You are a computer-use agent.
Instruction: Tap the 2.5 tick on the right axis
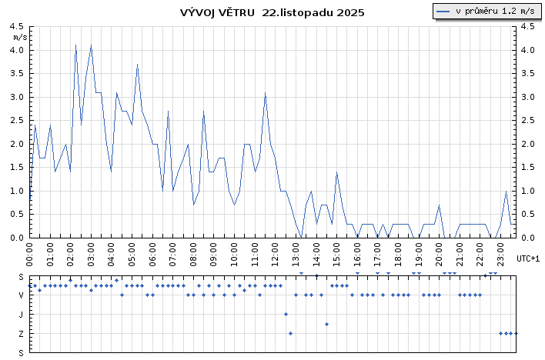pyautogui.click(x=527, y=97)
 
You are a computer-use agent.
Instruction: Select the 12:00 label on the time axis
pyautogui.click(x=275, y=252)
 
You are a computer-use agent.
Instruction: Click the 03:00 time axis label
pyautogui.click(x=91, y=252)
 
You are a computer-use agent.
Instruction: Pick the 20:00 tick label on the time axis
pyautogui.click(x=439, y=252)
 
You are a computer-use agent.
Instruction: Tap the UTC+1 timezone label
pyautogui.click(x=528, y=258)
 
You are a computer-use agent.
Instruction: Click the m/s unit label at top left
pyautogui.click(x=20, y=36)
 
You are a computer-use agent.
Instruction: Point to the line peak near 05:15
pyautogui.click(x=137, y=65)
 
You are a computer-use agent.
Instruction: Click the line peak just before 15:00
pyautogui.click(x=336, y=172)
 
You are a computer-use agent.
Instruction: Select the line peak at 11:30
pyautogui.click(x=265, y=93)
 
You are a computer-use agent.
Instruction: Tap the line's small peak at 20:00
pyautogui.click(x=439, y=205)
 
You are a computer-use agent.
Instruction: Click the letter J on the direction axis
pyautogui.click(x=22, y=314)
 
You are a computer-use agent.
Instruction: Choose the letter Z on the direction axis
pyautogui.click(x=22, y=333)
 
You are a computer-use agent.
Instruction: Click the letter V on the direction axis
pyautogui.click(x=22, y=295)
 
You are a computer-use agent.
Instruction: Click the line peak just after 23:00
pyautogui.click(x=506, y=191)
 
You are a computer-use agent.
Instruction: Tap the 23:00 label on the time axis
pyautogui.click(x=500, y=252)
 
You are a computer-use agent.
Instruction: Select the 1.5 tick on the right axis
pyautogui.click(x=527, y=144)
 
